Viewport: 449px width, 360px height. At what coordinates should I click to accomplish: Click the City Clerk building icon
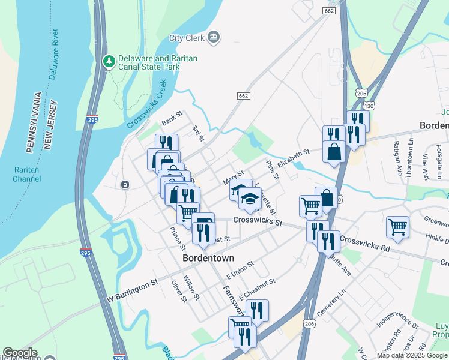pos(214,38)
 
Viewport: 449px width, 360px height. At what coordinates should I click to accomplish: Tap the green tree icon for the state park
pos(109,61)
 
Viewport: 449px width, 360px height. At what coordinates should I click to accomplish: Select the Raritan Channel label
pos(27,174)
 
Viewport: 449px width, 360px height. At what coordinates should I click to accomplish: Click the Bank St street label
pos(172,118)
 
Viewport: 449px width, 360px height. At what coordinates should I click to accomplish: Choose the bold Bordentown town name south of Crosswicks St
pos(208,258)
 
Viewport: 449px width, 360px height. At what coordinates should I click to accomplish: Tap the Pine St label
pos(272,170)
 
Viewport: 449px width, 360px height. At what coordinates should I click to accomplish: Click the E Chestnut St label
pos(256,289)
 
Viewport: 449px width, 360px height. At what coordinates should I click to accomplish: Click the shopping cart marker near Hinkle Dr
pos(397,227)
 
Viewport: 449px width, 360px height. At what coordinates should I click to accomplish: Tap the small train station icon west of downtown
pos(125,184)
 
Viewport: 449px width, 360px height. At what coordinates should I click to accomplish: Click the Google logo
pos(20,353)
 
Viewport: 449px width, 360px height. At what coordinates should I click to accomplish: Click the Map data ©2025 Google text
pos(412,355)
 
